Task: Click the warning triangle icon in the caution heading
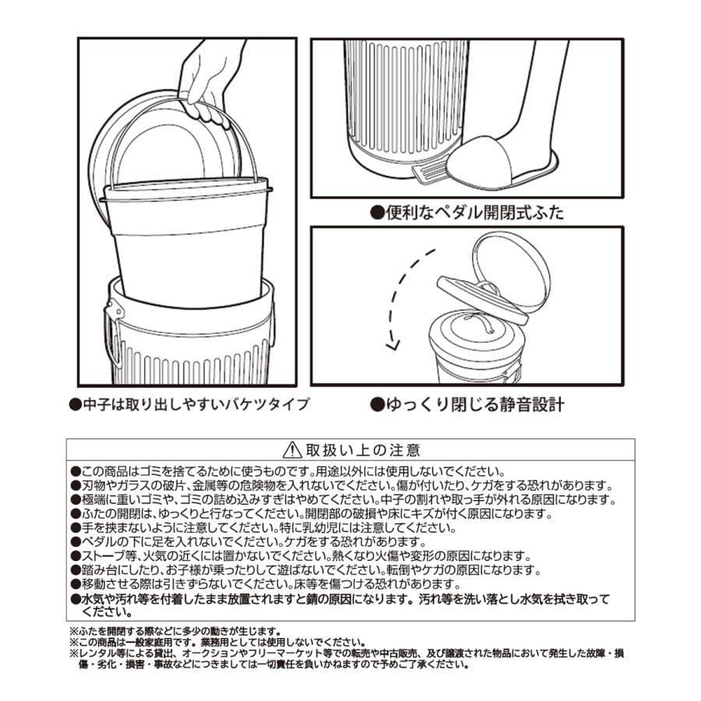tap(291, 450)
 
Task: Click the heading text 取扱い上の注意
tap(363, 450)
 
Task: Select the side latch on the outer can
tap(113, 312)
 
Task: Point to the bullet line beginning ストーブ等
tap(299, 556)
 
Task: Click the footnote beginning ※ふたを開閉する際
tap(174, 631)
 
